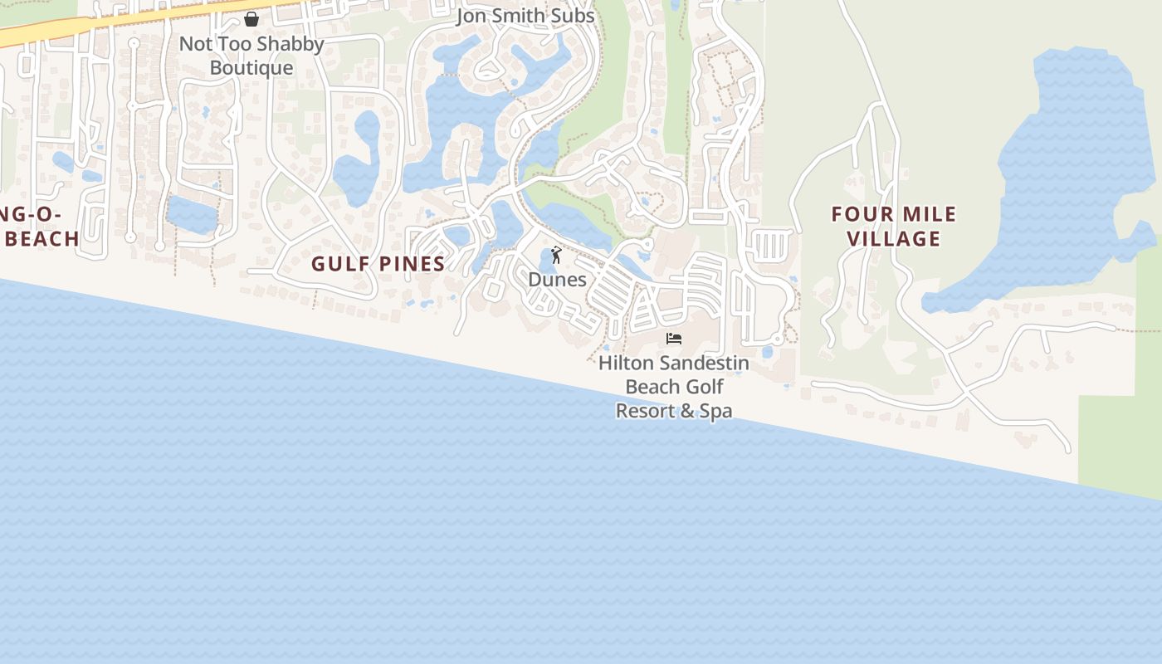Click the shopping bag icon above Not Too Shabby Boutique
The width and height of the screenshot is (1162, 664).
pyautogui.click(x=251, y=18)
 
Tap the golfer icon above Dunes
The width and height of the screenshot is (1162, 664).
pyautogui.click(x=556, y=255)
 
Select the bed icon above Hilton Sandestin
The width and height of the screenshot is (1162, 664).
pyautogui.click(x=674, y=339)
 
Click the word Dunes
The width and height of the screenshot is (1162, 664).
pyautogui.click(x=558, y=280)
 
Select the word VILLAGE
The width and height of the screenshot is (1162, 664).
pyautogui.click(x=895, y=239)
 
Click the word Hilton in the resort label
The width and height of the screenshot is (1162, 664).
pyautogui.click(x=625, y=364)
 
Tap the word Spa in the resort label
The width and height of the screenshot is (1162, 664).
pyautogui.click(x=715, y=411)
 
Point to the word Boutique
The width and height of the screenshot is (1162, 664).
pyautogui.click(x=251, y=68)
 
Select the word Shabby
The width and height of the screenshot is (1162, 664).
pyautogui.click(x=286, y=44)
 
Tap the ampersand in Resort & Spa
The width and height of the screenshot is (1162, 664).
pyautogui.click(x=685, y=411)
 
